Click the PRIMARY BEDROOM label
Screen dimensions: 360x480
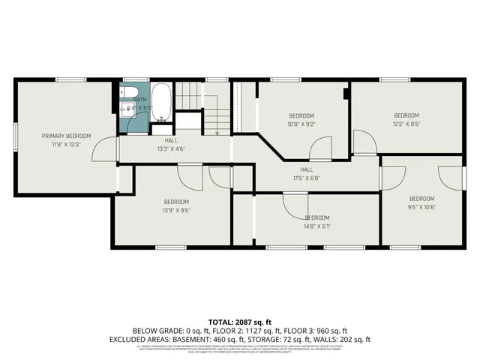[x=66, y=136]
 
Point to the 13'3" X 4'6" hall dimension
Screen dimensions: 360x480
[x=171, y=148]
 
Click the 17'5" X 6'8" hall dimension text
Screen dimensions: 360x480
[x=305, y=178]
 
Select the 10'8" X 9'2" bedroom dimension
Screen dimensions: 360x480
[x=302, y=124]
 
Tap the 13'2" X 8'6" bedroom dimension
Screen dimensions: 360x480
[x=406, y=124]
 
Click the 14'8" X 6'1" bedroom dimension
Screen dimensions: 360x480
[x=317, y=226]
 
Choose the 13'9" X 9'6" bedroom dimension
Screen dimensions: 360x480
[x=176, y=211]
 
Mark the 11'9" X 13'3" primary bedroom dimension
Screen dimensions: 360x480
[x=66, y=145]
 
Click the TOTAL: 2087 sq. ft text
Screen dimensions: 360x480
[x=239, y=320]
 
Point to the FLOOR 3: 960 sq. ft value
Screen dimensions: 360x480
[x=316, y=330]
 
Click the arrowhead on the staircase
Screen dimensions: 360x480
[x=217, y=133]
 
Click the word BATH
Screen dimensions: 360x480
[x=140, y=99]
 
